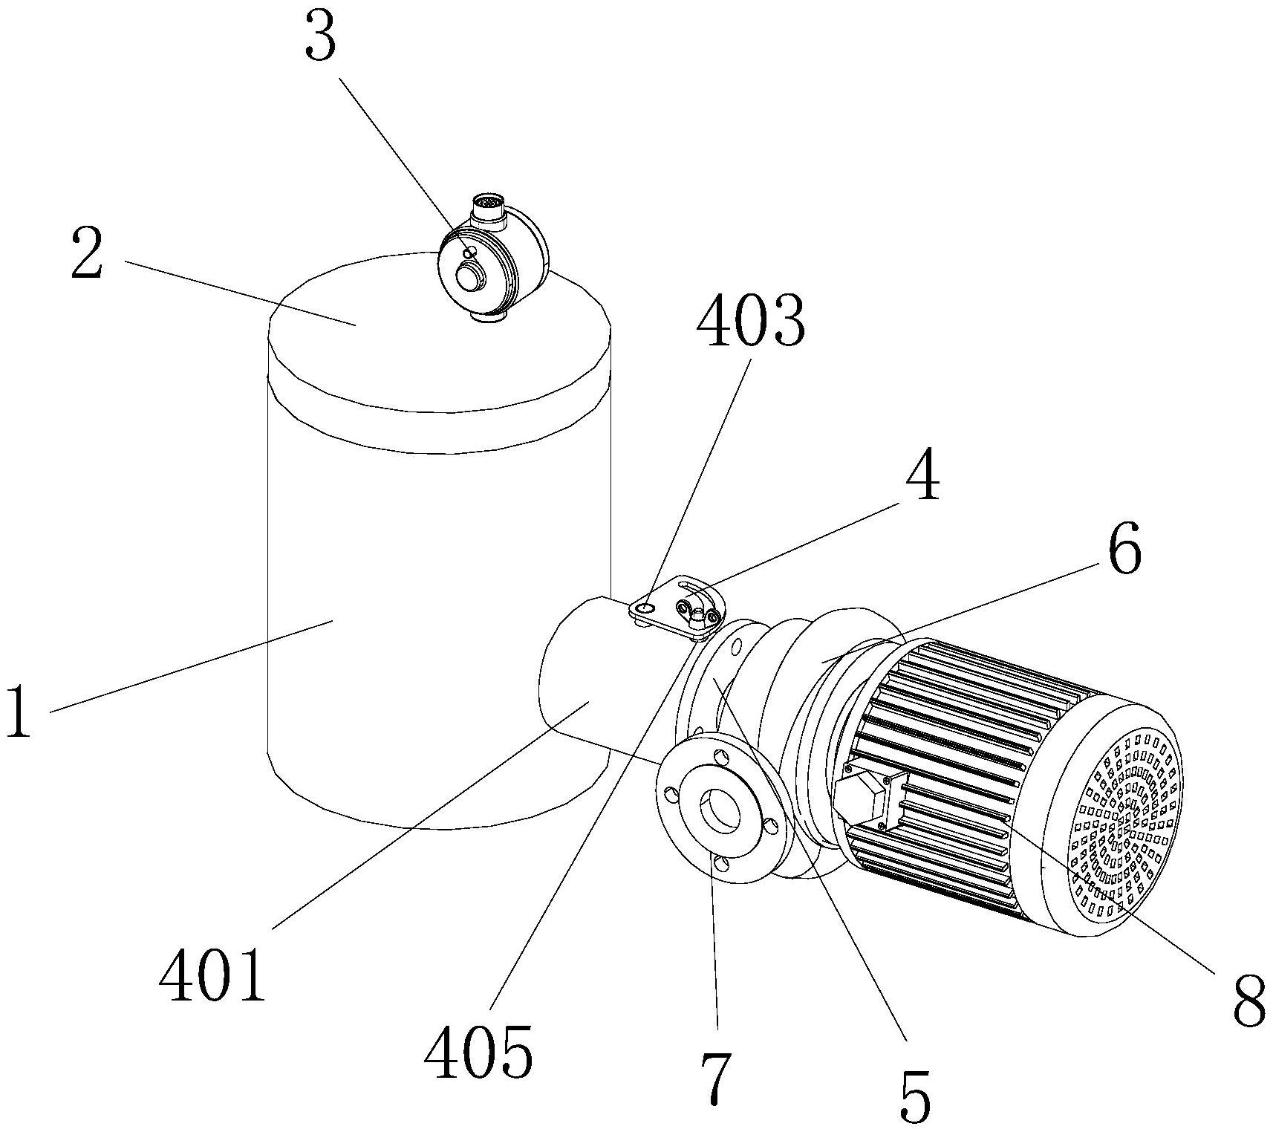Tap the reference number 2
coord(86,254)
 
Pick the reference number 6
coord(1124,550)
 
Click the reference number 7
coord(716,1079)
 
